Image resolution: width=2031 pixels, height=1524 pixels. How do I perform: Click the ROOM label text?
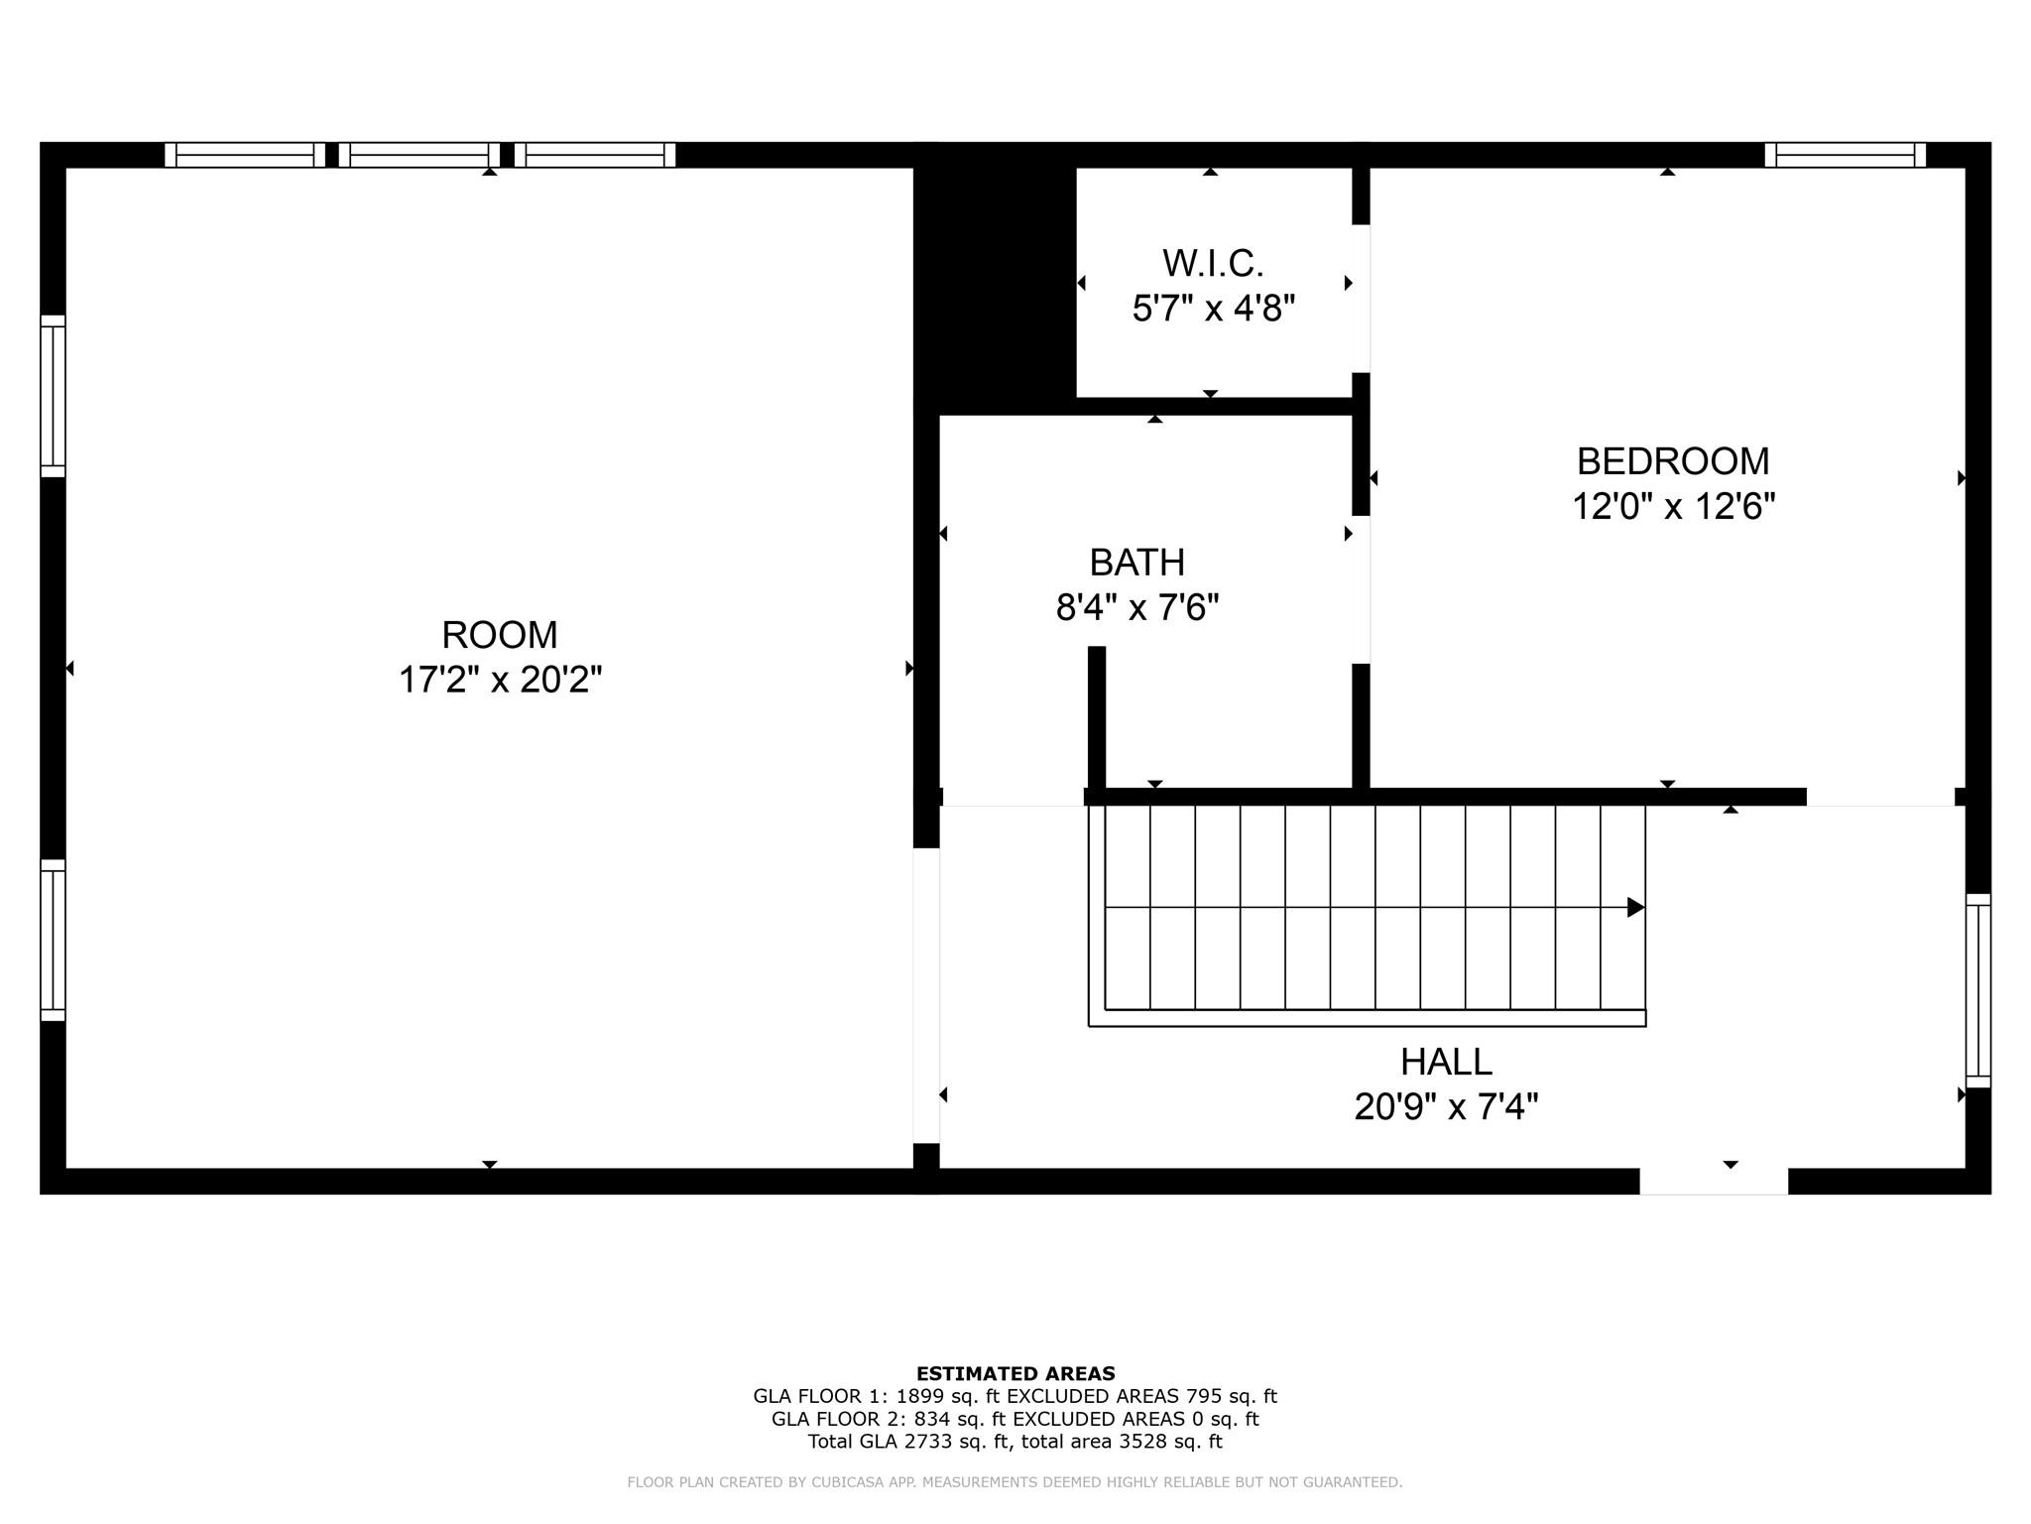click(500, 635)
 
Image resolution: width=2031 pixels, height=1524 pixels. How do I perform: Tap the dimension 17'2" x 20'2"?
click(500, 681)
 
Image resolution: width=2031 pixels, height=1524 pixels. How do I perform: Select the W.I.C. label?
click(1213, 264)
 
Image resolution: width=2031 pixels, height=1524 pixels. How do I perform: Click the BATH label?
click(1136, 563)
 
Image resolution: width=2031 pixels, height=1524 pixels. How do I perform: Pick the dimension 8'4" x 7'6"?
click(1136, 607)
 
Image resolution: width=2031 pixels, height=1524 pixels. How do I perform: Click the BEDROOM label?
click(1672, 461)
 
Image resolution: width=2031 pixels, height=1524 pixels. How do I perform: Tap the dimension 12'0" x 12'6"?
click(1672, 507)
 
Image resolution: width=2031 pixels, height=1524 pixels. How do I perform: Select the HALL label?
click(1446, 1062)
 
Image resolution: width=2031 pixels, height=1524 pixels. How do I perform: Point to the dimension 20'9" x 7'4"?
click(1446, 1106)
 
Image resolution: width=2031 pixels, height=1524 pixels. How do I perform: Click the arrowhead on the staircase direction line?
click(1635, 907)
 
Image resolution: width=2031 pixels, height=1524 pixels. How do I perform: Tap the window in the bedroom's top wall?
click(1845, 155)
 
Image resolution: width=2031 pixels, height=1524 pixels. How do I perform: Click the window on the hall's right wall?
click(1977, 990)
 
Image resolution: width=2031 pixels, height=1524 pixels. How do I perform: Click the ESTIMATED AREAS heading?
click(1015, 1374)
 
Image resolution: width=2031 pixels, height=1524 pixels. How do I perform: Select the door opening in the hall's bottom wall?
click(1713, 1181)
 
